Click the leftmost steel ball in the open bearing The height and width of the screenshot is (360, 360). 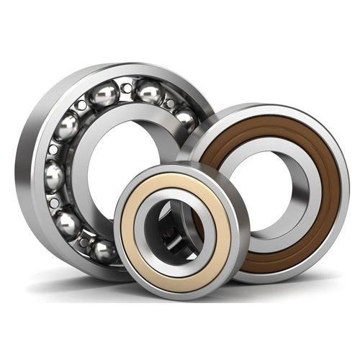(x=55, y=175)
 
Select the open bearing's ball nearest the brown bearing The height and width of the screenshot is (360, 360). (x=185, y=119)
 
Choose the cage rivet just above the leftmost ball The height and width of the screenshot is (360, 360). (x=53, y=149)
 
